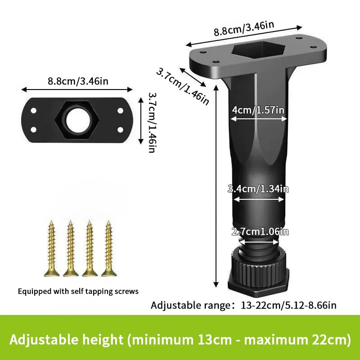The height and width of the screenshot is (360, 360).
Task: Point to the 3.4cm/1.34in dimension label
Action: point(258,189)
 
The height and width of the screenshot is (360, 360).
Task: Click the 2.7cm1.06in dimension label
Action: point(260,232)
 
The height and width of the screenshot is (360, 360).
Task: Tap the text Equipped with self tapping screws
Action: point(78,291)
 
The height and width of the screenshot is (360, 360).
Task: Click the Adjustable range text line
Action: point(243,306)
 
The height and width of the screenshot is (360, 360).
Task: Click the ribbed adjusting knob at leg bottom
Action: point(259,265)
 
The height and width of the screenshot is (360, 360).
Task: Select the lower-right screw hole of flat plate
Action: point(120,130)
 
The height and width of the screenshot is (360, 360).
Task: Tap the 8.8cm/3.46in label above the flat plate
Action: point(77,81)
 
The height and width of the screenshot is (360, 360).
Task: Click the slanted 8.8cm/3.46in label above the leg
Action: point(243,29)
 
